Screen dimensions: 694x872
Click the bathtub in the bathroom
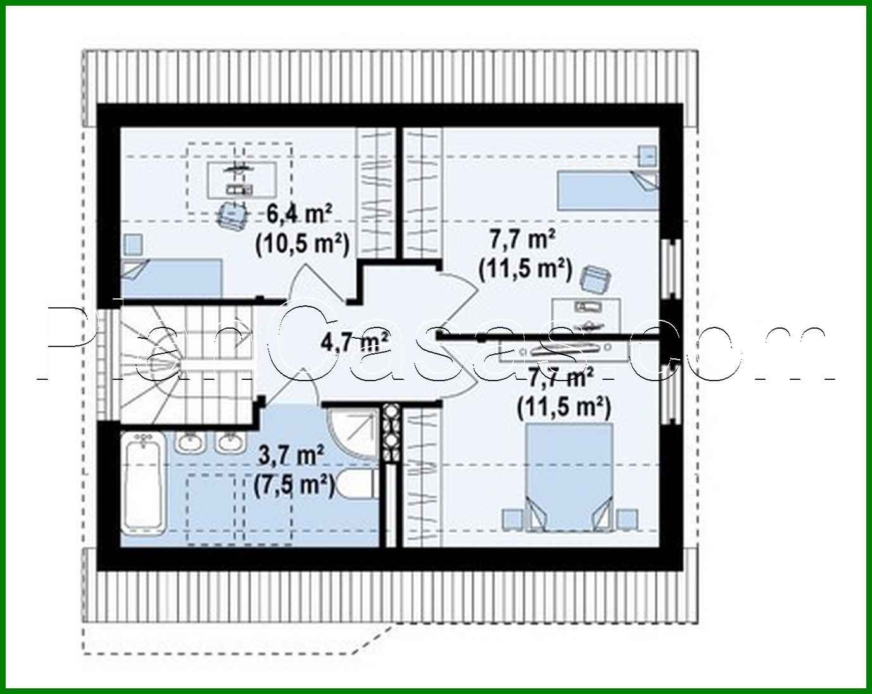pos(145,484)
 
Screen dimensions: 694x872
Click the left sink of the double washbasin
pos(189,443)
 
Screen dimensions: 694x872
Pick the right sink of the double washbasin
pos(229,443)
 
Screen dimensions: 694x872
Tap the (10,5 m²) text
pos(302,243)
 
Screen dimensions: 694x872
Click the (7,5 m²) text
pos(294,485)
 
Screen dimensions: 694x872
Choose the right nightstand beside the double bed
pos(626,519)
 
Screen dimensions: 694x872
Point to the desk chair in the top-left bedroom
pos(232,214)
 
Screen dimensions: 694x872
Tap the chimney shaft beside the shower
pos(390,434)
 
